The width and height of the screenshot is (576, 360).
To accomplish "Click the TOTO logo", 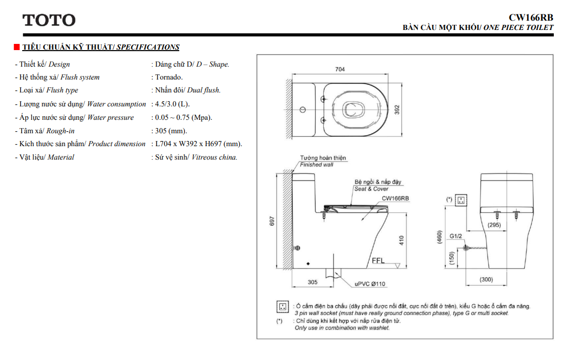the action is [x=49, y=20].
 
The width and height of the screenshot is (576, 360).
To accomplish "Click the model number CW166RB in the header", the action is [x=531, y=18].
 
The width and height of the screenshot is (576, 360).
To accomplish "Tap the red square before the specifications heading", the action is [x=17, y=47].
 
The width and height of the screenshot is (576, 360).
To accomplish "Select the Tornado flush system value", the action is [x=168, y=77].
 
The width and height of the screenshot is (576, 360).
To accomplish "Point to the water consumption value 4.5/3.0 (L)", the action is [x=172, y=104].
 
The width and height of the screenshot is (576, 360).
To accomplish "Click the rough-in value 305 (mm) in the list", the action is [x=171, y=131].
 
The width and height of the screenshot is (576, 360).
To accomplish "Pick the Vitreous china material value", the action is [x=214, y=157].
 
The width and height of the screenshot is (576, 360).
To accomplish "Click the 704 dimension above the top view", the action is [x=340, y=69].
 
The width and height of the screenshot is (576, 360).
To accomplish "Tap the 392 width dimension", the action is [x=397, y=109].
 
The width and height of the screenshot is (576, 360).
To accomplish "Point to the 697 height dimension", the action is [x=272, y=221].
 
